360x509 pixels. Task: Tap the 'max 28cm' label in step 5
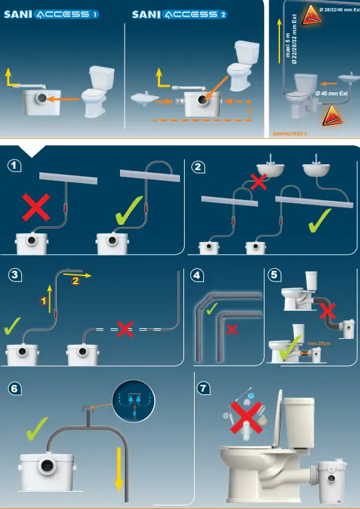(x=319, y=343)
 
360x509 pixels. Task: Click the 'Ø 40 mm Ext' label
(x=331, y=93)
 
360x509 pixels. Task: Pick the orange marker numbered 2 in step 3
(x=75, y=281)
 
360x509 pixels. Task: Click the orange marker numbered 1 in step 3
(x=44, y=302)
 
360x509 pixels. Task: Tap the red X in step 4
(x=232, y=329)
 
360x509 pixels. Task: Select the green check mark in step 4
(x=213, y=308)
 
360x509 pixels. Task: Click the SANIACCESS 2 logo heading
(x=179, y=15)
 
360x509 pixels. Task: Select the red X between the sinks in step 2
(x=257, y=181)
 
